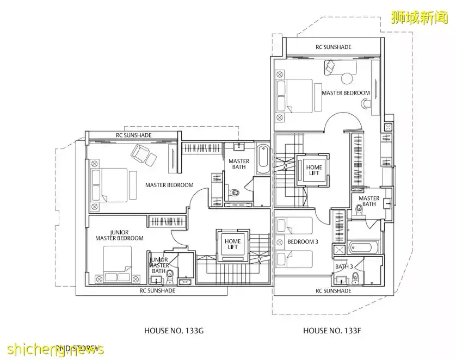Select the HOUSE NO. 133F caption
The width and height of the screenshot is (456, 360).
[x=328, y=330]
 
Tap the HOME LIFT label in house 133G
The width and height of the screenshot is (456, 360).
[x=232, y=244]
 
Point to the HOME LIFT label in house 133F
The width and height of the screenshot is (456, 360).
[x=313, y=170]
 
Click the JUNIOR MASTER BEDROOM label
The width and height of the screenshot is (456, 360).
[x=119, y=235]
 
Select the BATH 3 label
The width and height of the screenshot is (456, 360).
[x=344, y=266]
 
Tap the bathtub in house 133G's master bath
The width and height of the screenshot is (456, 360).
[x=262, y=158]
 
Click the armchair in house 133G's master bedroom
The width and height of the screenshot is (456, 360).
[x=143, y=156]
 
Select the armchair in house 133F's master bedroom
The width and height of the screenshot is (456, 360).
[x=331, y=67]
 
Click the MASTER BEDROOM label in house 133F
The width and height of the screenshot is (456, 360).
[x=346, y=93]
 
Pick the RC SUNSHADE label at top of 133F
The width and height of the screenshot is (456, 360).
[x=333, y=47]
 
